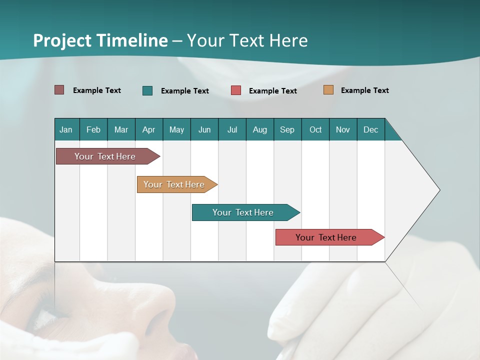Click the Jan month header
pos(66,129)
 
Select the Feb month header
pos(93,129)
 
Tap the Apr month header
pos(148,129)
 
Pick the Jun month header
pos(204,129)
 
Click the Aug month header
pos(259,129)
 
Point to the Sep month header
pos(287,129)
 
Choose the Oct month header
pos(315,129)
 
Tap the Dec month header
pos(370,129)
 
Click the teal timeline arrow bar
pos(243,212)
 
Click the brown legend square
pos(59,90)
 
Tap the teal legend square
pos(147,90)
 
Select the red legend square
pos(236,90)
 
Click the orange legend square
pos(328,90)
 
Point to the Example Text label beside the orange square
pos(364,90)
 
